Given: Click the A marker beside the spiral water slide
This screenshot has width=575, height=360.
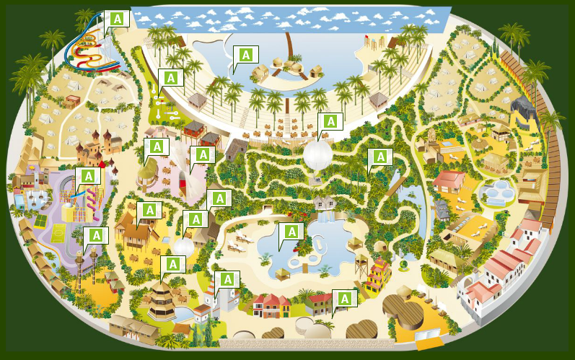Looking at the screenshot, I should pyautogui.click(x=117, y=19).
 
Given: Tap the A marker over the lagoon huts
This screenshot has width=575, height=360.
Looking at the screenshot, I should pyautogui.click(x=246, y=54).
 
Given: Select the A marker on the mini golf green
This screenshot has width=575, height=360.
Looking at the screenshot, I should pyautogui.click(x=171, y=78).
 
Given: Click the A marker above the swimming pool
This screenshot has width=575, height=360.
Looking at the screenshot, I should pyautogui.click(x=291, y=232).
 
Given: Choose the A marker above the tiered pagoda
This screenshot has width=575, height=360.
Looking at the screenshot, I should pyautogui.click(x=172, y=264).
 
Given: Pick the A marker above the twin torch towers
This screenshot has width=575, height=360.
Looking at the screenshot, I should pyautogui.click(x=95, y=236).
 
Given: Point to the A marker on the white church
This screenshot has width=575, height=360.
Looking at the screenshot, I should pyautogui.click(x=227, y=279).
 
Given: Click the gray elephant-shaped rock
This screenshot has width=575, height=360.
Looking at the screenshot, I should pyautogui.click(x=522, y=112).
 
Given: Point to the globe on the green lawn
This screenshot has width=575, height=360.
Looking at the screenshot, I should pyautogui.click(x=183, y=247).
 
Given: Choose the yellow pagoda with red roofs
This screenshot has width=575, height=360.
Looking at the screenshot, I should pyautogui.click(x=377, y=275).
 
